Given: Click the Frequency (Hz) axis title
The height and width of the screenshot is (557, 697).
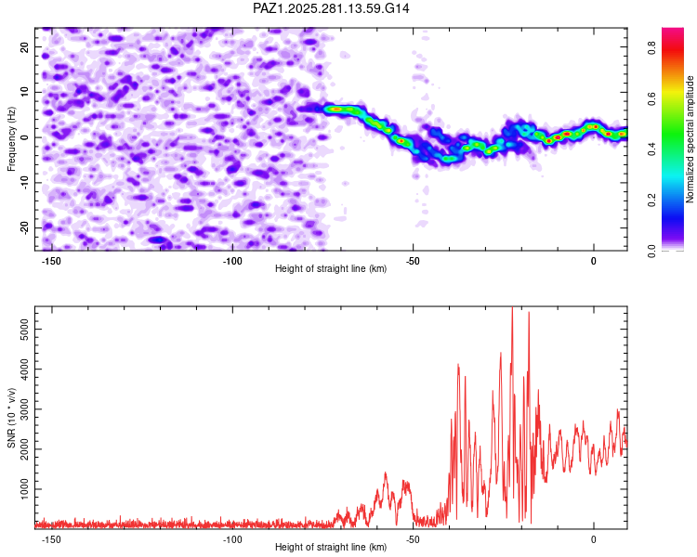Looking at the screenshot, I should [11, 138].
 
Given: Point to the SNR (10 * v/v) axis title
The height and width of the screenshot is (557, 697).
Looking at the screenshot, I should [11, 418].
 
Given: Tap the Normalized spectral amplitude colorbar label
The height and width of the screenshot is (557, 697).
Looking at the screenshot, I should [690, 139].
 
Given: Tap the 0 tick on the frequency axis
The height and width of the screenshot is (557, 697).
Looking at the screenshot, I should [30, 137].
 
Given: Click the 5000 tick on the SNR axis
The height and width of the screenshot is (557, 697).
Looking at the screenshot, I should [21, 329].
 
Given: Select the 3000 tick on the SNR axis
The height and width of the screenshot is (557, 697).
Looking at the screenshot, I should [21, 408].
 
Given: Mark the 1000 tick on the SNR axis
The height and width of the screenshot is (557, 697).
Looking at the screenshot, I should [21, 488].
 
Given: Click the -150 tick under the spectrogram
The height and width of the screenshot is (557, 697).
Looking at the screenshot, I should [52, 261].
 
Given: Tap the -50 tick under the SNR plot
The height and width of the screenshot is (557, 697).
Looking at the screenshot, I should [414, 539].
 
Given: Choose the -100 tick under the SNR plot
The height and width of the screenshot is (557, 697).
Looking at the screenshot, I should [232, 539].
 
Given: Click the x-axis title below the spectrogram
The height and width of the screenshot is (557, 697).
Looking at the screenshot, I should [331, 269].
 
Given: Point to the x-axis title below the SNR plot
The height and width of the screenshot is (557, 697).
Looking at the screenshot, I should [331, 548].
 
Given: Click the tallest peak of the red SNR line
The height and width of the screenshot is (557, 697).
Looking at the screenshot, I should [512, 309].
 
